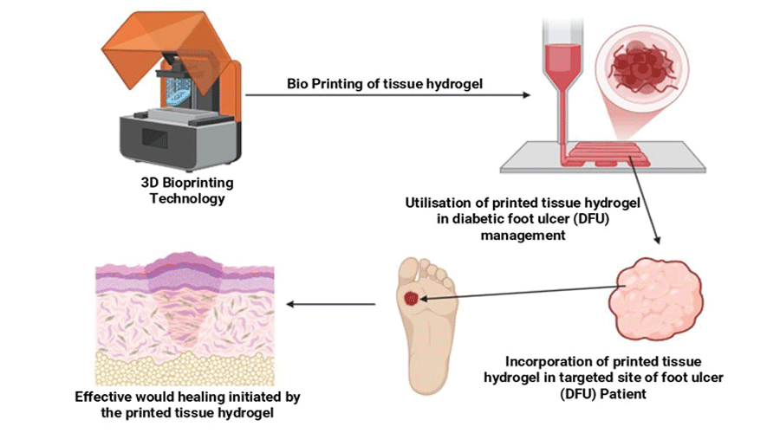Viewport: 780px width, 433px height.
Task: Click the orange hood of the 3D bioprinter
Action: (x=173, y=43)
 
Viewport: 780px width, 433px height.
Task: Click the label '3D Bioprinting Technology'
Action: (x=187, y=191)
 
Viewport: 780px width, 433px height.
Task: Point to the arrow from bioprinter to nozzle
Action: (x=390, y=95)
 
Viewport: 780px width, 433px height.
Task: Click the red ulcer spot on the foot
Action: (x=413, y=298)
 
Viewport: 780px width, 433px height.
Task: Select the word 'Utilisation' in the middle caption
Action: (x=439, y=203)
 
